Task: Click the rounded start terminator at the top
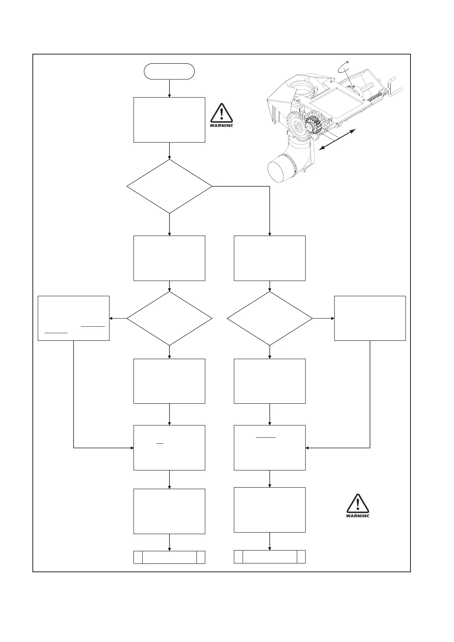(x=169, y=71)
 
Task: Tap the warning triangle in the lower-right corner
(x=357, y=505)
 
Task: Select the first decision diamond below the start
(x=169, y=186)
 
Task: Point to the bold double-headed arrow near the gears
(x=337, y=140)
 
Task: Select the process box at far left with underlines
(x=74, y=318)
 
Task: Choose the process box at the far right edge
(x=370, y=318)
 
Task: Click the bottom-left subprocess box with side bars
(x=169, y=557)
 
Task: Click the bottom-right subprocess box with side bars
(x=269, y=557)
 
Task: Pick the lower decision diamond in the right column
(x=269, y=318)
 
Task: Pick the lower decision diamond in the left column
(x=169, y=318)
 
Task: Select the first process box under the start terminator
(x=169, y=120)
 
